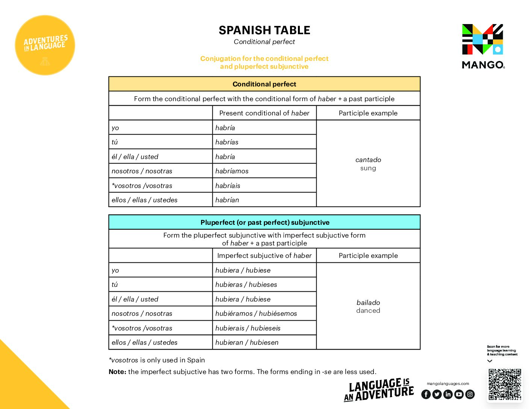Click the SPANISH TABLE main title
(264, 30)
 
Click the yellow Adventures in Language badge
(45, 45)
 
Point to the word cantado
(368, 160)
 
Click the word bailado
(368, 303)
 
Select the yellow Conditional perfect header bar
(264, 84)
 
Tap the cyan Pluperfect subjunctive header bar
(264, 223)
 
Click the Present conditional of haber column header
(264, 113)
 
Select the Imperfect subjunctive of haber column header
(264, 256)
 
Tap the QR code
(505, 384)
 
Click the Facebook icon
(426, 394)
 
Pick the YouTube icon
(459, 394)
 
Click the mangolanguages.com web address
(448, 384)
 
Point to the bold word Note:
(117, 372)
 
